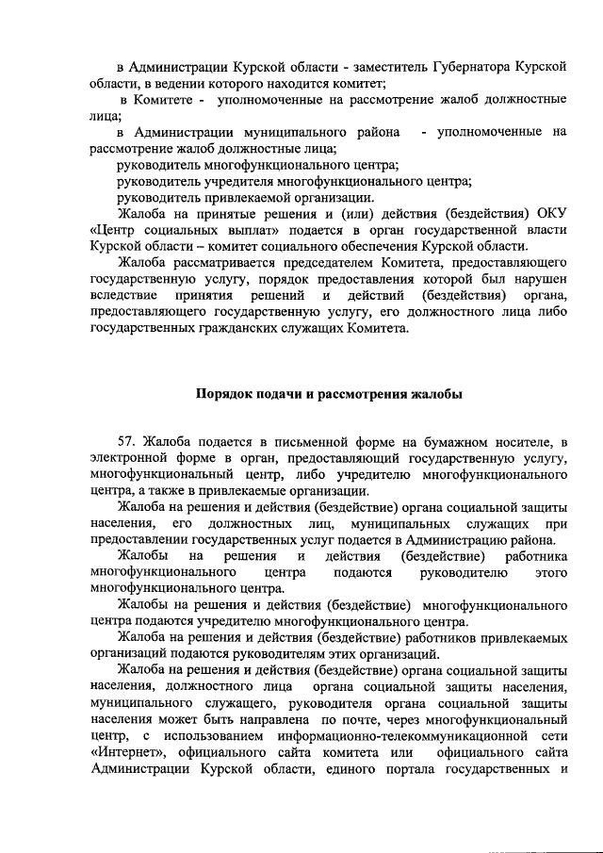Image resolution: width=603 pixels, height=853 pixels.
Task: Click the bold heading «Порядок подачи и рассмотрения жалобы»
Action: [329, 394]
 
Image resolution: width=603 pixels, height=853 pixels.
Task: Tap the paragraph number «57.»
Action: [127, 442]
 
